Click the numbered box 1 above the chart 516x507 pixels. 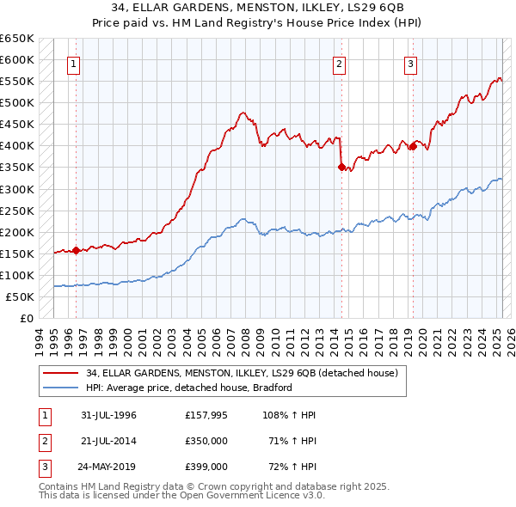[73, 64]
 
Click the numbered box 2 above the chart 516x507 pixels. [340, 64]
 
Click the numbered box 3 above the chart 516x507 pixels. [411, 64]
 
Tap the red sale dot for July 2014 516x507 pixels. [341, 167]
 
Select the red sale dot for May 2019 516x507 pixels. [413, 146]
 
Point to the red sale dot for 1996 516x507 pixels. [77, 250]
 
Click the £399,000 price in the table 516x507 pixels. [206, 467]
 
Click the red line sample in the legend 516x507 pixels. [62, 374]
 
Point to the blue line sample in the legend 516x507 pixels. [62, 388]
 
